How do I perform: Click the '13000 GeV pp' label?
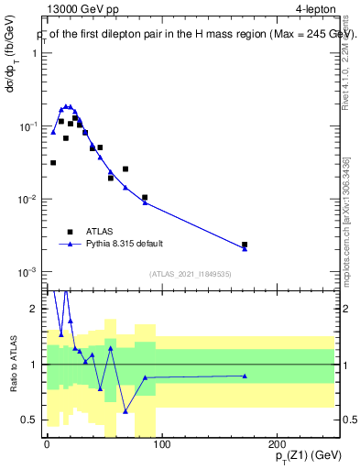[78, 11]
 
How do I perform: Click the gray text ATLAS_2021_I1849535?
[190, 272]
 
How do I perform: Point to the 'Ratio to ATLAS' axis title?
[12, 365]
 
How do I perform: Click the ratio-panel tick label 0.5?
[30, 420]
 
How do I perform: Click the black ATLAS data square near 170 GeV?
[245, 245]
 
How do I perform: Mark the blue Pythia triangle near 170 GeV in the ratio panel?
[245, 376]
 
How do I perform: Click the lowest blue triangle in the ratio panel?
[125, 411]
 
